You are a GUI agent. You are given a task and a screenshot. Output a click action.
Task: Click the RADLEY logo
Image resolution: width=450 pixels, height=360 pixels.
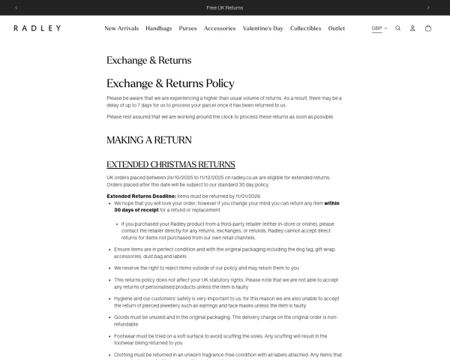click(x=37, y=28)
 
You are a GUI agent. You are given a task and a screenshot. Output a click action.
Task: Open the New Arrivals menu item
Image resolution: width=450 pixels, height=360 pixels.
click(x=121, y=28)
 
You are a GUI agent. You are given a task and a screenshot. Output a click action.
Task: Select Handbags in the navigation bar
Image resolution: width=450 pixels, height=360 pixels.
click(x=159, y=28)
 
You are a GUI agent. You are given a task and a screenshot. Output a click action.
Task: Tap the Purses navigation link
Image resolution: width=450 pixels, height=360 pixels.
click(x=188, y=28)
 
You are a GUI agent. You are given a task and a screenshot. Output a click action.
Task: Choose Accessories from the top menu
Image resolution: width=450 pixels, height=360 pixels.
click(x=220, y=28)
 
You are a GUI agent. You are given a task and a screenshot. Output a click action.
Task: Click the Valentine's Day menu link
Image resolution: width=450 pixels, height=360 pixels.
click(x=263, y=28)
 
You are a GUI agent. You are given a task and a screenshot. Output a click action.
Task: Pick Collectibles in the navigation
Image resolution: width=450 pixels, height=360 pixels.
click(x=306, y=28)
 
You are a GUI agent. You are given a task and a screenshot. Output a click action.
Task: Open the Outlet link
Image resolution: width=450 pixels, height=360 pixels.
click(x=337, y=28)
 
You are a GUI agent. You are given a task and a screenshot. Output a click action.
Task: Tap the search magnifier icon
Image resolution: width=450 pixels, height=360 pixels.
click(x=398, y=28)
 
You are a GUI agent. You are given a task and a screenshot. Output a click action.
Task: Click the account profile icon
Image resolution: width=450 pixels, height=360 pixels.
click(x=412, y=28)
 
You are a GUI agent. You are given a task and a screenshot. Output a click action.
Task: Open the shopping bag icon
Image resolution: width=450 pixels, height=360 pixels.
click(x=428, y=28)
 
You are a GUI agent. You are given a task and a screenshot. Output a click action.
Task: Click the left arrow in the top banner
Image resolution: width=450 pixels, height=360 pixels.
click(x=16, y=7)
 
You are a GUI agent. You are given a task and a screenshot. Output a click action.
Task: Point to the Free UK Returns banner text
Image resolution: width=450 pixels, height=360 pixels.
click(x=224, y=7)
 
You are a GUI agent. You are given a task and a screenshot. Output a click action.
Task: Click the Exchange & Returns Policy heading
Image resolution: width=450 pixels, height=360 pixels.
click(x=170, y=83)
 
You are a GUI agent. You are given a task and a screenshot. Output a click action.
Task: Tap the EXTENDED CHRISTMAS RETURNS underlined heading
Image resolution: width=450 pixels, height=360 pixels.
click(x=171, y=164)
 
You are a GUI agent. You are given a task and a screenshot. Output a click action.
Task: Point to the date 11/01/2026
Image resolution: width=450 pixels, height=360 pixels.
click(x=253, y=195)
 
